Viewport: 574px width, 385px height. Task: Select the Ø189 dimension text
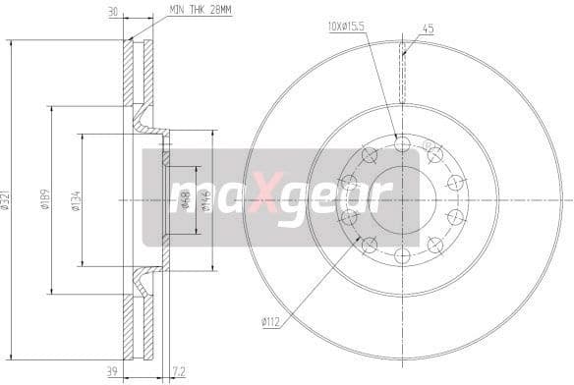(46, 200)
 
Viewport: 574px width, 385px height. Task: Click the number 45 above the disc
(427, 29)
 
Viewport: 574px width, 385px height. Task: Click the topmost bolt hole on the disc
(401, 144)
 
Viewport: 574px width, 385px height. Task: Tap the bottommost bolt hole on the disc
(401, 255)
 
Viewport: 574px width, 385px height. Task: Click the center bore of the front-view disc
(401, 199)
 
